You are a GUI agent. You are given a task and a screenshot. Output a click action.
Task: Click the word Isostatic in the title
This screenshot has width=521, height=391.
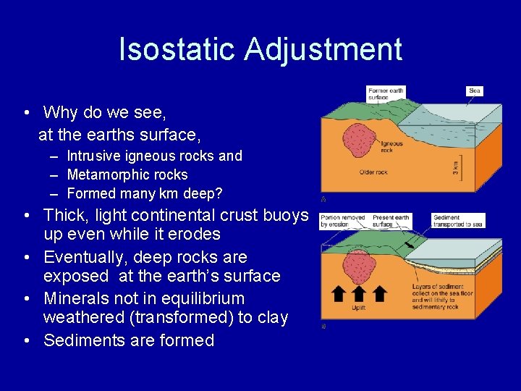[177, 49]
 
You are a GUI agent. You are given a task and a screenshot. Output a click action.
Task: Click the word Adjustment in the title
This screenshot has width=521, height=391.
[323, 49]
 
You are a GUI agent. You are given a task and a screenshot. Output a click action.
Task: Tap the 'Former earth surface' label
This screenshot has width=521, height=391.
[386, 94]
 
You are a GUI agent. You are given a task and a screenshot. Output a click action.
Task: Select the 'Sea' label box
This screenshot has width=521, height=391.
[474, 91]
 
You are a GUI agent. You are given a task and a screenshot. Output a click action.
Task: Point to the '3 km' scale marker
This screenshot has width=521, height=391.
[455, 167]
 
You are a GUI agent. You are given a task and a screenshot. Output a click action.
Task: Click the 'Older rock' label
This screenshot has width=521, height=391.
[374, 172]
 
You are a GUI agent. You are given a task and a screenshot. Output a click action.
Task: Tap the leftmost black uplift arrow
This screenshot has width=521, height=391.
[336, 294]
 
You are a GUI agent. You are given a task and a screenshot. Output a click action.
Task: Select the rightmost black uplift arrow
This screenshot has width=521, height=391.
[380, 294]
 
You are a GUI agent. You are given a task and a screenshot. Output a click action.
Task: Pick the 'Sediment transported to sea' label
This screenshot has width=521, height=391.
[458, 220]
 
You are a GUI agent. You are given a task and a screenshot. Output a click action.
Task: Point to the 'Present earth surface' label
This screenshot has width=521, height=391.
[391, 220]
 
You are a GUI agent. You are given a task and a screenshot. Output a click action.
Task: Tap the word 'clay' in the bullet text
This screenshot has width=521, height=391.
[271, 317]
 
